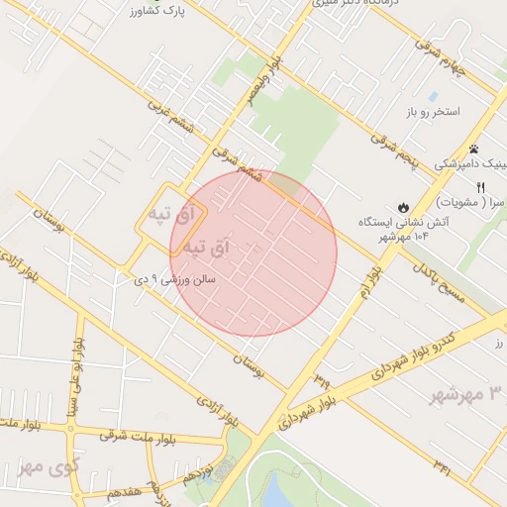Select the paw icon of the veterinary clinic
click(x=473, y=149)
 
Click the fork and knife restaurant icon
click(x=480, y=186)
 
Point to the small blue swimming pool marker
click(x=433, y=96)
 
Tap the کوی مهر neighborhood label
click(x=48, y=466)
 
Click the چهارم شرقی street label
click(x=462, y=59)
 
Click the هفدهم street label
click(x=134, y=492)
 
